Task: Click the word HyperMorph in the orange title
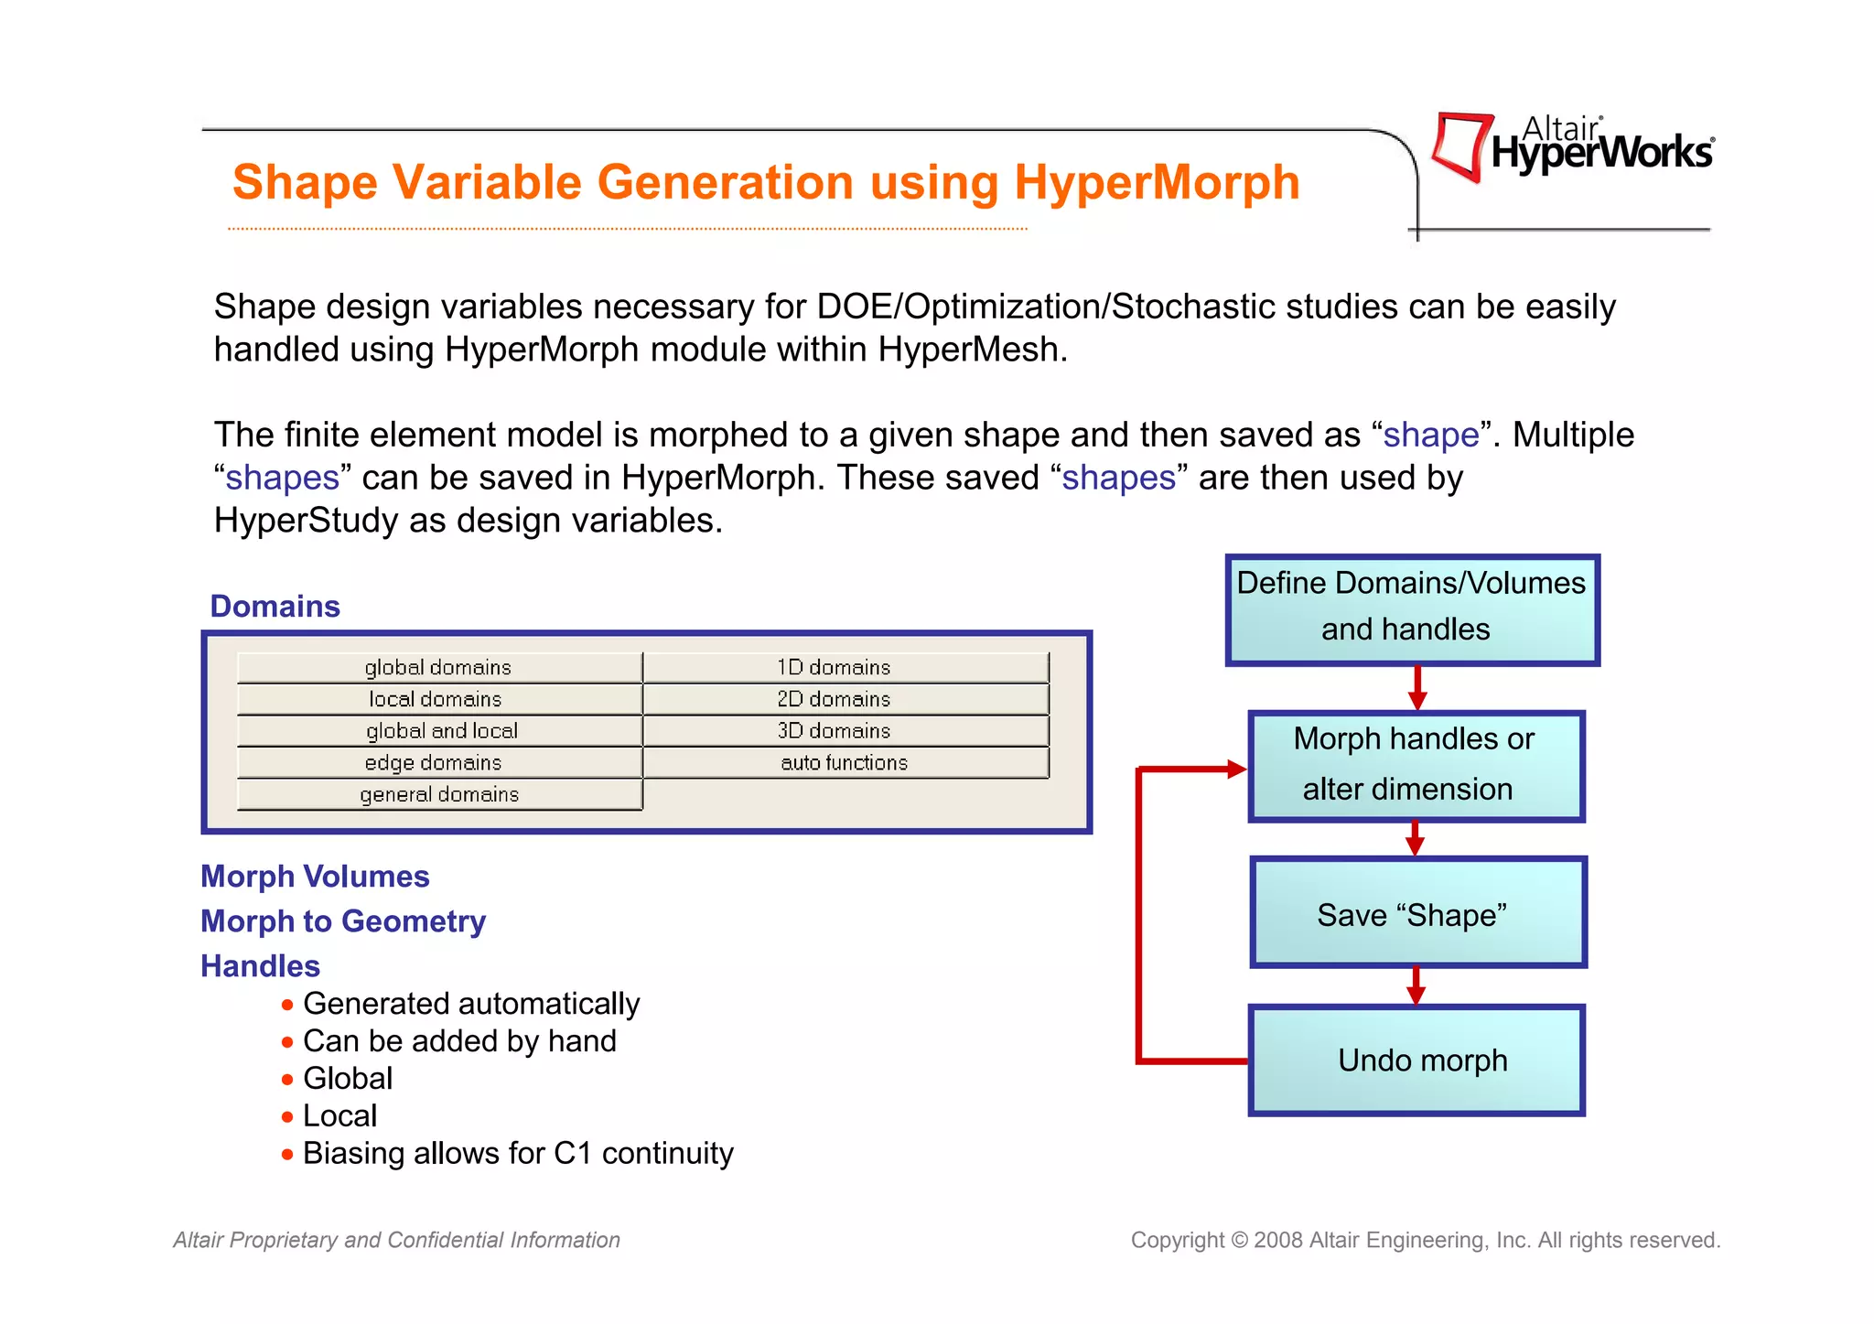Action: [x=1157, y=182]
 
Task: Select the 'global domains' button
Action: [x=438, y=668]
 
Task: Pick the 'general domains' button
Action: [x=438, y=795]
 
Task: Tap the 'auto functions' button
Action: [x=844, y=763]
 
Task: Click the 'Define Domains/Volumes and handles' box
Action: [x=1411, y=608]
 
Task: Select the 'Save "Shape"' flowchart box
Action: [x=1416, y=912]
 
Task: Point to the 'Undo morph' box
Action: [x=1416, y=1060]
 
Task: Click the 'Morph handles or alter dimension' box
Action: [x=1415, y=766]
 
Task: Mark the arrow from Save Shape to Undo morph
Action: [x=1416, y=986]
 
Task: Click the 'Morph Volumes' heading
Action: [x=315, y=877]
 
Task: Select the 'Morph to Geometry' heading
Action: [x=343, y=921]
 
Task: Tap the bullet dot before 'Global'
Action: [x=287, y=1080]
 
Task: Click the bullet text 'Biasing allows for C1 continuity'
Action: [x=518, y=1154]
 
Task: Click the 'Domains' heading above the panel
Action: [x=275, y=607]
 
